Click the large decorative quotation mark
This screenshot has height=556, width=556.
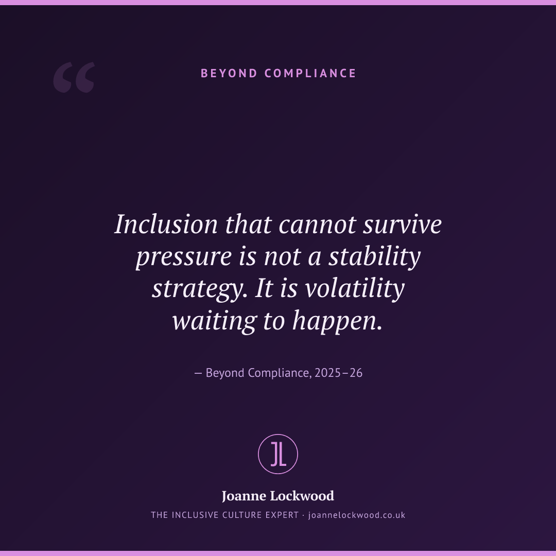pos(74,77)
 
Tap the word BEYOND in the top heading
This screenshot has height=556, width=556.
pos(229,74)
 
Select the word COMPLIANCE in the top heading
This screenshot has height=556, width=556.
pos(310,74)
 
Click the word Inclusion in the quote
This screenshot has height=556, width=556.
pos(166,224)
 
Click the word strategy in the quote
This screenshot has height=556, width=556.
pos(200,289)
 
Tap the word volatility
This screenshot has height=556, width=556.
pos(355,288)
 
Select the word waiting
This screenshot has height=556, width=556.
pos(214,321)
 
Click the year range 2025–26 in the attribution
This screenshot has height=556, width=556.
pos(338,373)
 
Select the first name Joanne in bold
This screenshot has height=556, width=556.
pos(245,496)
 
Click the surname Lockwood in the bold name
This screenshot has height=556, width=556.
pos(302,496)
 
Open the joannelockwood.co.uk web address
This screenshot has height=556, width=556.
pos(357,515)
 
